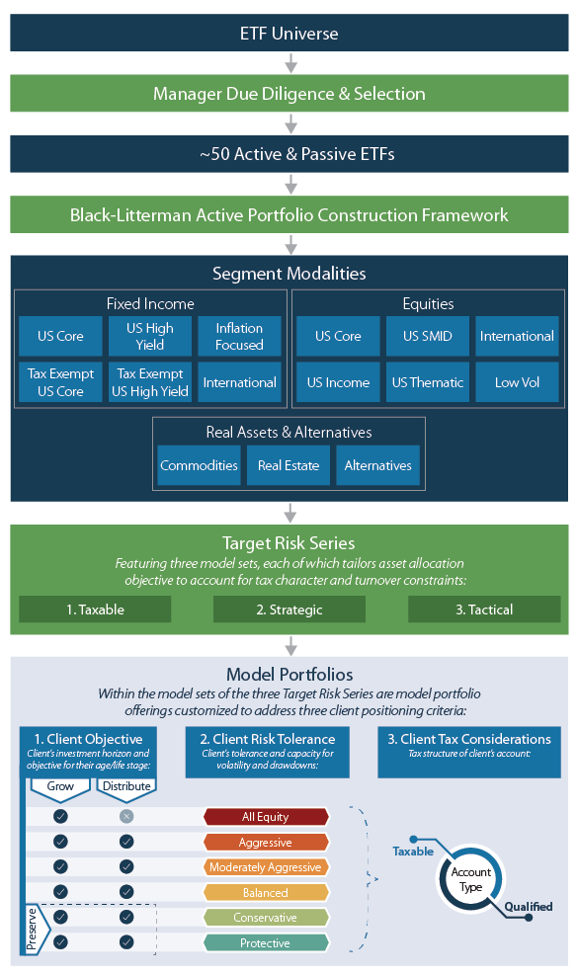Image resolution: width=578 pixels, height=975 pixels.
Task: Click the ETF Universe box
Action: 289,33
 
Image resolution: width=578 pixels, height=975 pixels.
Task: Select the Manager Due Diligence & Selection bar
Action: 289,94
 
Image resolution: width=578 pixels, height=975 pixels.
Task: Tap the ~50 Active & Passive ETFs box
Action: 289,154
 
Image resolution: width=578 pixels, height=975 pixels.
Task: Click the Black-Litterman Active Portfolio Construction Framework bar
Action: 289,214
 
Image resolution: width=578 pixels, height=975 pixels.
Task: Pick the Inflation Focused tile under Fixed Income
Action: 239,337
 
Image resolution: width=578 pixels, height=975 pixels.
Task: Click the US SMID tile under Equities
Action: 427,336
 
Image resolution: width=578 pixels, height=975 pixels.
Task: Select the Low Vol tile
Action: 517,382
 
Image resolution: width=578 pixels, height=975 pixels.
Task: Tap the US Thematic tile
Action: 427,382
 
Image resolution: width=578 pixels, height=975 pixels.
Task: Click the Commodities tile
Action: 199,465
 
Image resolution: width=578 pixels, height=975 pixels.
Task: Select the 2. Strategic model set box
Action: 289,609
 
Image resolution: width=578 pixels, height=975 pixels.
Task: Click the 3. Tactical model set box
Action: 484,609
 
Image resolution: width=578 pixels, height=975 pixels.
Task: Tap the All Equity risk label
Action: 265,817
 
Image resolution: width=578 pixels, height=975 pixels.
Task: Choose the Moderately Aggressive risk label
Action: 265,867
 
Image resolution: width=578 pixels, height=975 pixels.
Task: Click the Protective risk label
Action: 265,943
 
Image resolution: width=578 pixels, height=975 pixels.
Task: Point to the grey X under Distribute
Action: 125,816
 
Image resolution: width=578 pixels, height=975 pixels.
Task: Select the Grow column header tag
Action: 60,786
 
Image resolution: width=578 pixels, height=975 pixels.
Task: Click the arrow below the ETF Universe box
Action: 289,63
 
